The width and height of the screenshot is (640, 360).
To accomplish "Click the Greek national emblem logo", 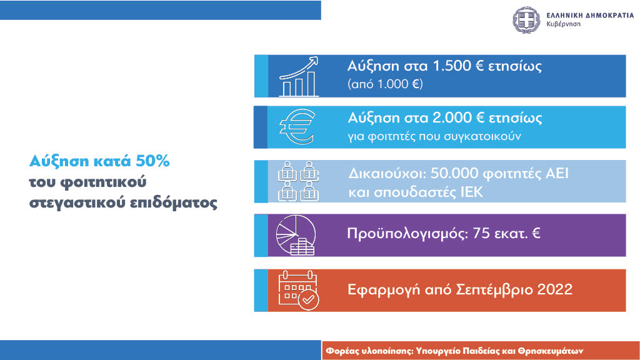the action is (526, 19).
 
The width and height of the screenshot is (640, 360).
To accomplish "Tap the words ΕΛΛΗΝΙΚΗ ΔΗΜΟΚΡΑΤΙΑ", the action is (590, 16).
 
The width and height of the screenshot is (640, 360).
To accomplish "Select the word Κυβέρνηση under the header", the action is (563, 24).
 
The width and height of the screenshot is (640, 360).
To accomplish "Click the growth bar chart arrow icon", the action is (299, 76).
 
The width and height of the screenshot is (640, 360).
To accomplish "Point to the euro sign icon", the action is (297, 127).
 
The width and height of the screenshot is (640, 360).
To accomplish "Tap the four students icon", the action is (298, 181).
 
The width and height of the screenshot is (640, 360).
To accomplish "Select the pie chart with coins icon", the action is (296, 235).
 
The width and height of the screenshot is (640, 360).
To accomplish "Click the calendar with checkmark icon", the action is (298, 290).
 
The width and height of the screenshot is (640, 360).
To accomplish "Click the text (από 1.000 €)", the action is (385, 84).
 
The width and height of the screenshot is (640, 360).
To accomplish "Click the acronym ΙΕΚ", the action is (471, 192).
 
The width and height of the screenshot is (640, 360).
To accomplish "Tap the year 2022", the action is (555, 289).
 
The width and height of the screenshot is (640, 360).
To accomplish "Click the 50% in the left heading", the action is (152, 161).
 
